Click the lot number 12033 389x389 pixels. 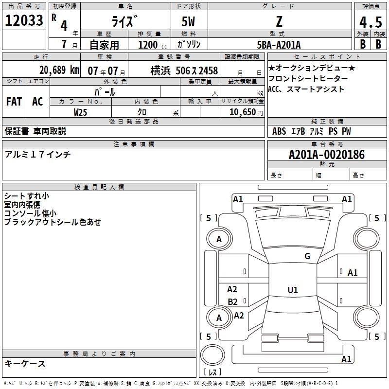pos(24,21)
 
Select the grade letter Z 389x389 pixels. pos(279,21)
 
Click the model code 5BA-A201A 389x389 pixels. pos(279,45)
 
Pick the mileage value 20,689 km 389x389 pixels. pos(59,70)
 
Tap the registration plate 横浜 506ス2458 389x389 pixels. pos(184,70)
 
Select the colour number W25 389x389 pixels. pos(81,112)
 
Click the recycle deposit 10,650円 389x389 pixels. pos(242,112)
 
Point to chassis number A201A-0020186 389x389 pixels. pos(326,155)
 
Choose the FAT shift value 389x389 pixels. pos(14,102)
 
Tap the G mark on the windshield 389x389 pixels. pos(307,256)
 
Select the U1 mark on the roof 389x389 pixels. pos(292,290)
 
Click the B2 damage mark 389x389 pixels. pos(232,301)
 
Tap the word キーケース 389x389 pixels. pos(25,363)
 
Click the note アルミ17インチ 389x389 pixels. pos(38,154)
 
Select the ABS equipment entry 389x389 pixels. pos(279,131)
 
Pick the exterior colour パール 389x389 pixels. pos(105,92)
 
